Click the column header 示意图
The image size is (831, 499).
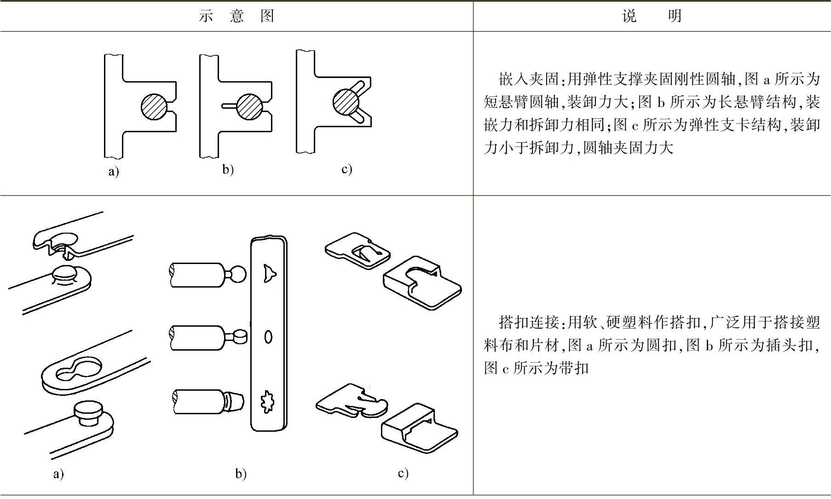pyautogui.click(x=237, y=17)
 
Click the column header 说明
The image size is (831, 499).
pyautogui.click(x=652, y=17)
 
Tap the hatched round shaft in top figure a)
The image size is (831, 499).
pyautogui.click(x=154, y=106)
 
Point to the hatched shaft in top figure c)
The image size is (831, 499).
pyautogui.click(x=346, y=101)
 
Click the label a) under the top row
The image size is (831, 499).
pyautogui.click(x=113, y=172)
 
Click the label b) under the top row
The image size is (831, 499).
pyautogui.click(x=228, y=170)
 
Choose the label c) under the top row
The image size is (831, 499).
pyautogui.click(x=346, y=169)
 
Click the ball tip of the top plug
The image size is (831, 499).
pyautogui.click(x=238, y=275)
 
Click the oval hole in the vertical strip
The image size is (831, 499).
pyautogui.click(x=268, y=337)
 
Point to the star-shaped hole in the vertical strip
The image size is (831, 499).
pyautogui.click(x=267, y=401)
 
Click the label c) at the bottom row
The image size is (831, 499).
pyautogui.click(x=403, y=473)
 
